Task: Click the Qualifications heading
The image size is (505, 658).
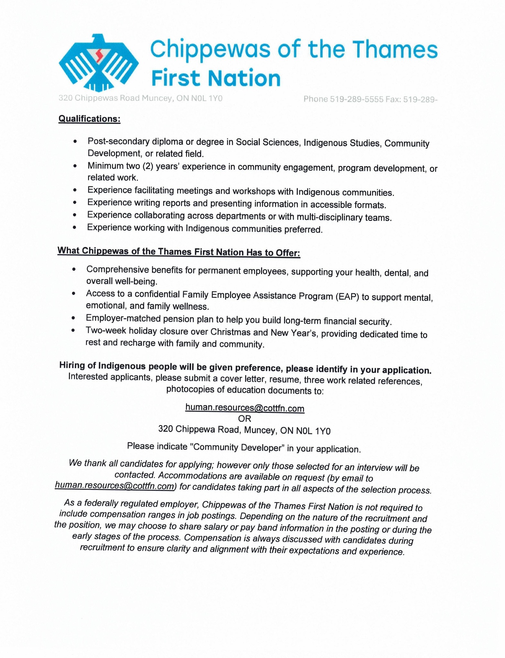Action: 89,119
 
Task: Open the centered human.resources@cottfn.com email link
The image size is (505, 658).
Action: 245,408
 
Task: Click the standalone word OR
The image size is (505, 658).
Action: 244,419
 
